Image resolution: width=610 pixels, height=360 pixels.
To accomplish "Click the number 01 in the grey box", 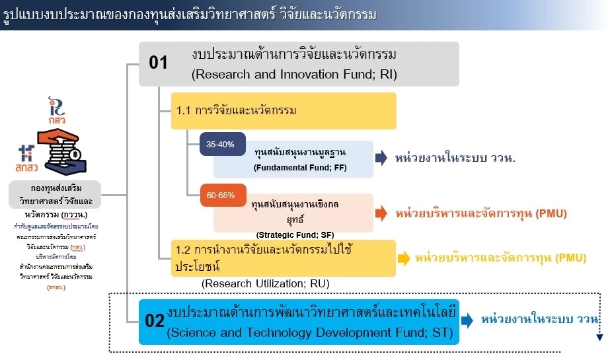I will [159, 63].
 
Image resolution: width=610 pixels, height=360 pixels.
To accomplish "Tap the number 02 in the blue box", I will [154, 321].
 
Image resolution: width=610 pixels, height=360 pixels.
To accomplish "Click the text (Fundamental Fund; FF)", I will [300, 168].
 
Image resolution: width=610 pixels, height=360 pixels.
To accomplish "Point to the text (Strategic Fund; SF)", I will [295, 234].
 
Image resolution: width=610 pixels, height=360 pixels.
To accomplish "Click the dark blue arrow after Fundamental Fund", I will [381, 159].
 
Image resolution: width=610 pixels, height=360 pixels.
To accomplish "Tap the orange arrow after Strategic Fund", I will [381, 213].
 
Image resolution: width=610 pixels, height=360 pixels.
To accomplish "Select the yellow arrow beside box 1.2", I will [403, 258].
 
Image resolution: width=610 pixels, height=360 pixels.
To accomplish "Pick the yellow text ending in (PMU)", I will [501, 258].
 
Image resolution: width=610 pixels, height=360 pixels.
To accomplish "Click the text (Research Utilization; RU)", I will [265, 284].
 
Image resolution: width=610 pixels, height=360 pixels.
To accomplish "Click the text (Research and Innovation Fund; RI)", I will [294, 75].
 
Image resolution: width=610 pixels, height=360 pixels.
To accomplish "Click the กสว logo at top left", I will [57, 111].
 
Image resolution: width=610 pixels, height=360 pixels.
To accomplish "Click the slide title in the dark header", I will [190, 14].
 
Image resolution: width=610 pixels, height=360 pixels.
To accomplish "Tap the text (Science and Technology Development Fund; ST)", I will [310, 333].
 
